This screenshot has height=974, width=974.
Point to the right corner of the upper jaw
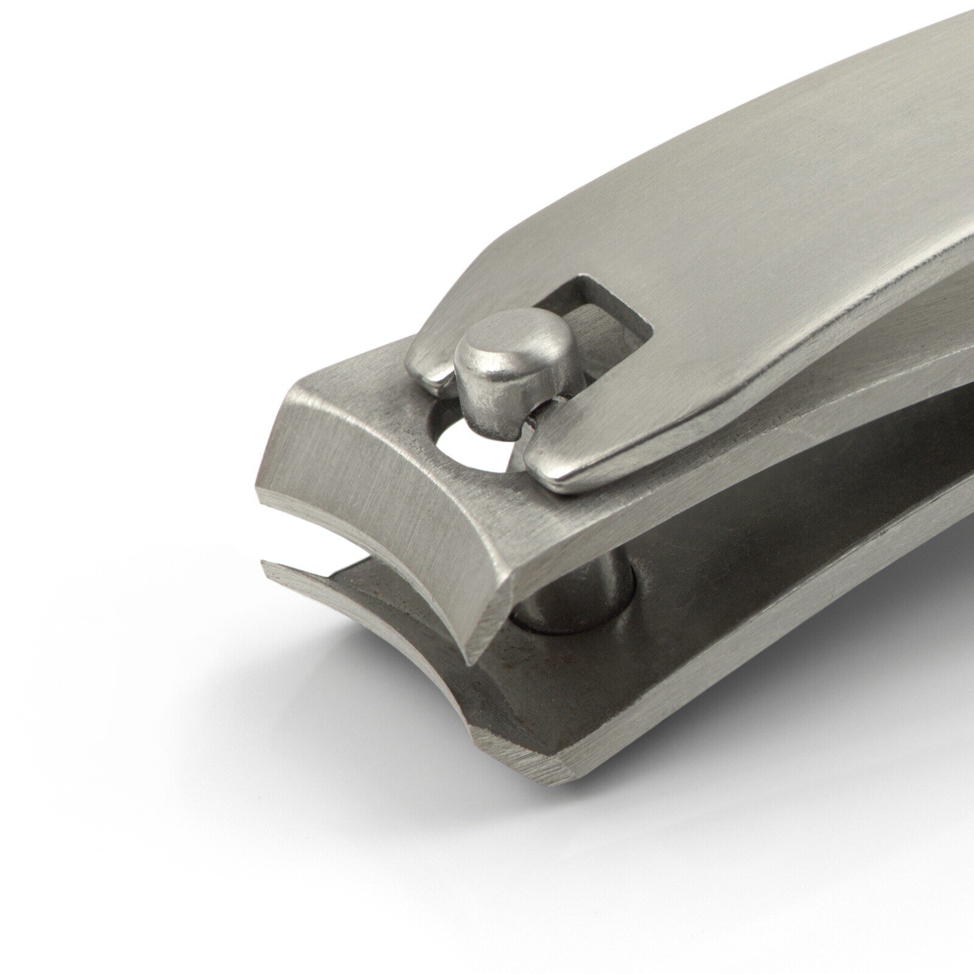coord(481,651)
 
